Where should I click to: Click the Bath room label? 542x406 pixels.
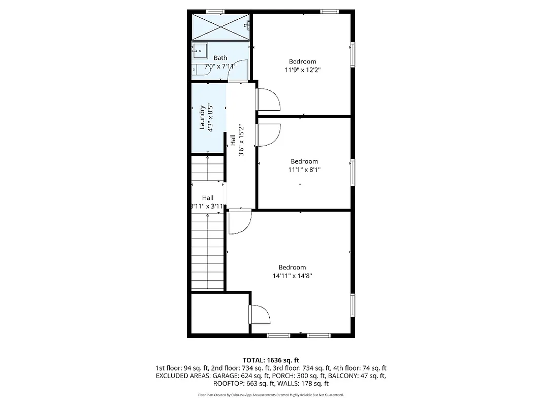[x=220, y=58]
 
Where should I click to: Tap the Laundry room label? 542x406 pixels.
[x=202, y=117]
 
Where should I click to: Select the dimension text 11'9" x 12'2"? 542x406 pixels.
[x=303, y=70]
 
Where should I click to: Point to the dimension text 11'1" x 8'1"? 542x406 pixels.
[x=304, y=170]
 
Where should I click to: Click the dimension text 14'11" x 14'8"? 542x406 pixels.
[x=292, y=276]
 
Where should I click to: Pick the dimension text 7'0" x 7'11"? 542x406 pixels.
[x=220, y=66]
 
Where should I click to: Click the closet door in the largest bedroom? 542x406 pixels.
[x=260, y=315]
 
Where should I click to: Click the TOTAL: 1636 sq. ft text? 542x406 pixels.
[x=271, y=360]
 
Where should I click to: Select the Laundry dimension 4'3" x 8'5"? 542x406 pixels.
[x=209, y=117]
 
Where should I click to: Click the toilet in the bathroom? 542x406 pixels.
[x=196, y=71]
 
